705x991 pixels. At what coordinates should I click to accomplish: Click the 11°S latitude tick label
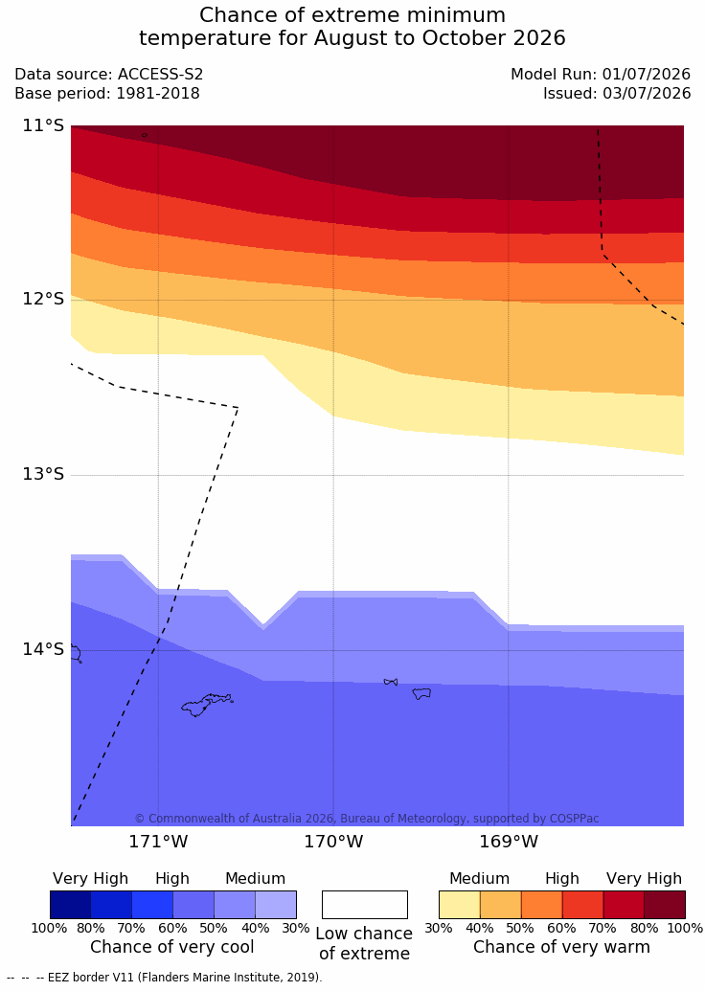[x=44, y=125]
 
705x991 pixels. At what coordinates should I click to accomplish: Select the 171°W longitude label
[x=158, y=842]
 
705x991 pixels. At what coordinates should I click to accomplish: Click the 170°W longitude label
[x=333, y=842]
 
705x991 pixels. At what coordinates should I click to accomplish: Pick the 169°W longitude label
[x=509, y=842]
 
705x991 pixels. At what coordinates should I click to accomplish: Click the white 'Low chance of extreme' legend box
[x=365, y=905]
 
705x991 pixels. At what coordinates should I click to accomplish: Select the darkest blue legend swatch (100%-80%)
[x=70, y=905]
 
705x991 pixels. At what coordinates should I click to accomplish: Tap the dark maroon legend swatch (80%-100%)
[x=665, y=905]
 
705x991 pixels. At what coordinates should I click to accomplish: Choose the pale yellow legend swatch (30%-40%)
[x=460, y=905]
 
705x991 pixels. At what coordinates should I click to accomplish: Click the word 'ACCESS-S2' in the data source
[x=161, y=75]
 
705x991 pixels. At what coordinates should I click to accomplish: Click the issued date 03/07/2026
[x=647, y=94]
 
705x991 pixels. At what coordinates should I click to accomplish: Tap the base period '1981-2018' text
[x=157, y=94]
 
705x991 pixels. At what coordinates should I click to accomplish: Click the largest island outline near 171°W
[x=206, y=704]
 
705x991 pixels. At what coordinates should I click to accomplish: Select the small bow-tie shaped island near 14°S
[x=391, y=682]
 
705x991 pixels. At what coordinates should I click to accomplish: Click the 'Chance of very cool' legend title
[x=172, y=947]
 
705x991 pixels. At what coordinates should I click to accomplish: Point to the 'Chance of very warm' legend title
[x=561, y=947]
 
